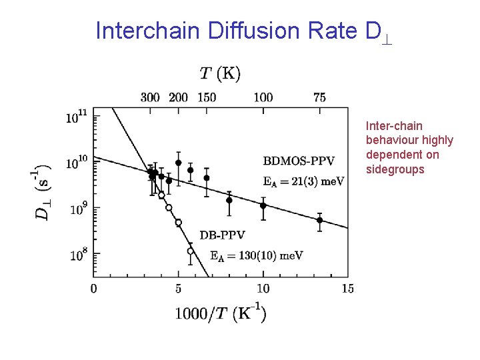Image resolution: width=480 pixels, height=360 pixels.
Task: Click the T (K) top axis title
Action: coord(220,73)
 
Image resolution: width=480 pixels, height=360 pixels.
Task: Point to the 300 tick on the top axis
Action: coord(150,97)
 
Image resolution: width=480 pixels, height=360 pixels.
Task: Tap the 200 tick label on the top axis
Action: coord(178,97)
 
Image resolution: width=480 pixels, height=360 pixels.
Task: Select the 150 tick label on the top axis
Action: coord(206,97)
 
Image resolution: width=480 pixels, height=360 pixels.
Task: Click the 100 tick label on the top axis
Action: coord(263,97)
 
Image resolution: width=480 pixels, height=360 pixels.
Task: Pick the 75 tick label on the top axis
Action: coord(319,97)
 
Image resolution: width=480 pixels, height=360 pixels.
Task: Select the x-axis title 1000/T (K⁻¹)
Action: coord(221,313)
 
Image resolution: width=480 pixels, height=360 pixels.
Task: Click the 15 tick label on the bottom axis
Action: coord(347,288)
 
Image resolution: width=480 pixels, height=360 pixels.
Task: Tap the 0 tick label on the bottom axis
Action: coord(93,288)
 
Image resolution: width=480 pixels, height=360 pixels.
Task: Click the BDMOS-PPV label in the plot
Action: coord(299,160)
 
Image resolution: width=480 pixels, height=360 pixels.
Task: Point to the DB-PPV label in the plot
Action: coord(222,235)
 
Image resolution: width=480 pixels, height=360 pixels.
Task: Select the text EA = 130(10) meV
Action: coord(256,255)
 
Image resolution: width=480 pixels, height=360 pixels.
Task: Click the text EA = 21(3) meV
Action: coord(303,181)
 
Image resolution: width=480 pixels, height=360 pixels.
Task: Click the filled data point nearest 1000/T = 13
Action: coord(319,220)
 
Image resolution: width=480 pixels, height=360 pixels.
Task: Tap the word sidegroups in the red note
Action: coord(395,169)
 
